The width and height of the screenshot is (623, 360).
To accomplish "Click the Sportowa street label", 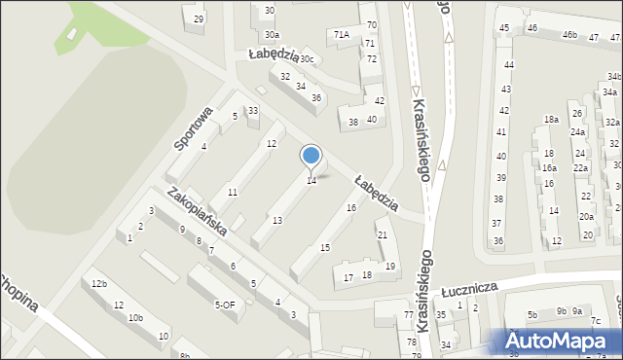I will [x=192, y=127].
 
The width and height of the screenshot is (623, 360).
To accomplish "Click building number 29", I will [x=199, y=18].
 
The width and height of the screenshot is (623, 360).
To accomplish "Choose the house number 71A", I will [x=341, y=35].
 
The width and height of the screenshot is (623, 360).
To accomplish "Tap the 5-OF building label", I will [x=225, y=305].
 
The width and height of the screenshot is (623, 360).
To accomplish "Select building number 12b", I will [x=99, y=284].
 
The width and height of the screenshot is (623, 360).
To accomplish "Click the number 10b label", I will [x=136, y=317].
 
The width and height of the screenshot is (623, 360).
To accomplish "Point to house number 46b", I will [x=569, y=35].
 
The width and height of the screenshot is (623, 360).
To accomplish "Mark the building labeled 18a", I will [x=551, y=119].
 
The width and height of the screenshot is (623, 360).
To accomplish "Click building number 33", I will [x=253, y=111].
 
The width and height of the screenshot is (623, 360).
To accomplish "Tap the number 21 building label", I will [x=383, y=235].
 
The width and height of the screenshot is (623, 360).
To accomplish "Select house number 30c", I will [x=309, y=58].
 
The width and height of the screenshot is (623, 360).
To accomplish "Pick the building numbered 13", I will [x=277, y=221].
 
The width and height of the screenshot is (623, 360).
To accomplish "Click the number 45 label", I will [x=504, y=27].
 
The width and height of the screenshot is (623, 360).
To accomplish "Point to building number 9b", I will [x=562, y=310].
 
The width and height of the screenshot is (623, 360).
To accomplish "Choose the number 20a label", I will [x=585, y=217].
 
